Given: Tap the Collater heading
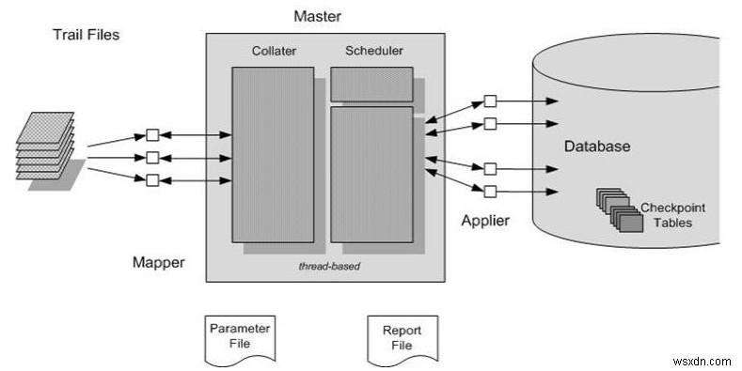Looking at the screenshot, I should pos(274,50).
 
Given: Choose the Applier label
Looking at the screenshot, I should pos(485,221).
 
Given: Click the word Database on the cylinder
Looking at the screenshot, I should pos(596,147).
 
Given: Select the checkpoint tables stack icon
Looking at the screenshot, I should pos(615,209).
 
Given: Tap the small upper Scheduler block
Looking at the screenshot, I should pos(371,84).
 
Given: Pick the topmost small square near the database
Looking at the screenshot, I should pos(490,100).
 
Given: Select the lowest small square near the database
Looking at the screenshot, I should pos(490,192).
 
